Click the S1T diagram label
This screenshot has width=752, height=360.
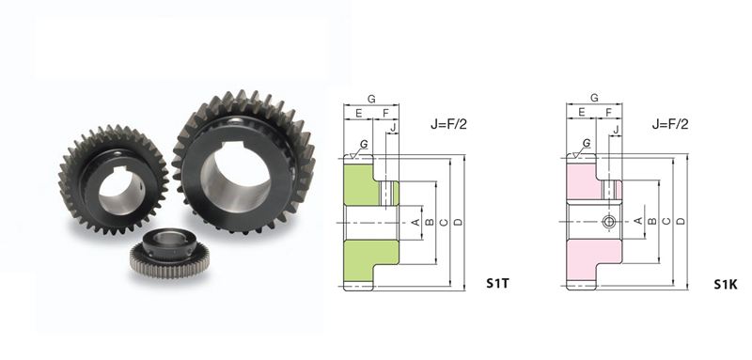coord(497,284)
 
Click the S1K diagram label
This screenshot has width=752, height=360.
coord(725,285)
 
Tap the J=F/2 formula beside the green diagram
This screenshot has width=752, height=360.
coord(448,124)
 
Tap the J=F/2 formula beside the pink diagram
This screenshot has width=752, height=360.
coord(670,124)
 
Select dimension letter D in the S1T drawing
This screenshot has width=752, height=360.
coord(458,222)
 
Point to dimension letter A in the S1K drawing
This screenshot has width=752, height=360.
coord(638,220)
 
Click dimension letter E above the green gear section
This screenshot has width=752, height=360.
coord(358,113)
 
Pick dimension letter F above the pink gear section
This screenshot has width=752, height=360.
coord(608,113)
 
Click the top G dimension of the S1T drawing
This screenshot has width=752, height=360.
coord(371,99)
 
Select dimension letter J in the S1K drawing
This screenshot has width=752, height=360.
coord(617,129)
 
